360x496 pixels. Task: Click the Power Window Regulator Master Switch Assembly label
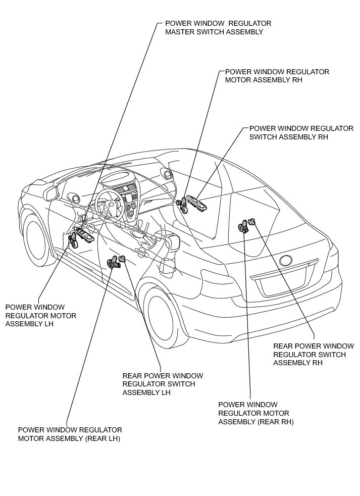point(218,28)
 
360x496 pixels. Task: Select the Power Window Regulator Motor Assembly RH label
point(277,76)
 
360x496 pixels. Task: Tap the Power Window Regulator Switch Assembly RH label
point(301,132)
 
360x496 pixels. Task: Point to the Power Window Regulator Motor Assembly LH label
point(40,315)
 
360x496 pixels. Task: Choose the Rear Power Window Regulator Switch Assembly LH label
point(163,384)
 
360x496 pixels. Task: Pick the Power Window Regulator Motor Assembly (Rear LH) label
point(70,434)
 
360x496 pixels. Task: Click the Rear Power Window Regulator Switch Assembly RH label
point(313,354)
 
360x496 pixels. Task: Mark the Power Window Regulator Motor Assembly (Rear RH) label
point(255,413)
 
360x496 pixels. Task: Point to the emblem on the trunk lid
point(286,261)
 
